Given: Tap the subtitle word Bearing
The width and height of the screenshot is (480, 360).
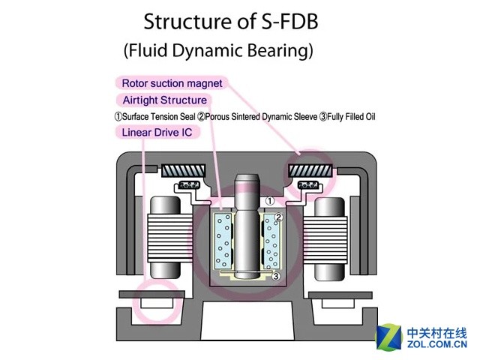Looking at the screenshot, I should click(x=280, y=52).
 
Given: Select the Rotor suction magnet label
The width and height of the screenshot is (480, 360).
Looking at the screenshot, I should click(x=172, y=82).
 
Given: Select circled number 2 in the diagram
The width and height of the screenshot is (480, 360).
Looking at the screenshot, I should click(x=277, y=217).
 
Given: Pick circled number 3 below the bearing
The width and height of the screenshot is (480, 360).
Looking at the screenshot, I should click(x=276, y=276).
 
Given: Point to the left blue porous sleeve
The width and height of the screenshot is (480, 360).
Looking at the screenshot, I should click(x=223, y=240).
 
